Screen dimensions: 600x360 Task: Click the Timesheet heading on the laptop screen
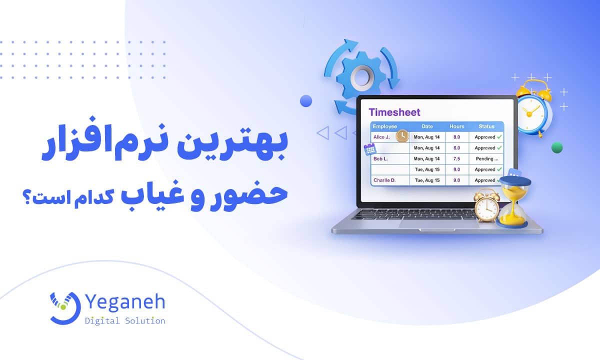coord(394,112)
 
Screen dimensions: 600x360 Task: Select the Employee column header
coord(384,126)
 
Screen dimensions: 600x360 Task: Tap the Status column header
coord(486,126)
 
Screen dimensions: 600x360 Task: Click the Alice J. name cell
coord(381,137)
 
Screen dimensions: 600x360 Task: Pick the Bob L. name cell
coord(380,158)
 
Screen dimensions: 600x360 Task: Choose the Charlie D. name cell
coord(384,180)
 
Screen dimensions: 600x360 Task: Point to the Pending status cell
coord(486,159)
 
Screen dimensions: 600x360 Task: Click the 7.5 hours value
coord(456,159)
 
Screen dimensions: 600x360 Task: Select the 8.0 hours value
coord(456,137)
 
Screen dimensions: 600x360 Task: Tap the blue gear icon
coord(361,75)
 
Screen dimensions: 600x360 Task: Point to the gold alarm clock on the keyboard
coord(486,205)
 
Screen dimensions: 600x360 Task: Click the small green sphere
coord(557,147)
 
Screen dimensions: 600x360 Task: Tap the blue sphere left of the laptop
coord(306,101)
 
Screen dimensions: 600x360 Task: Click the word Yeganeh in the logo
coord(125,302)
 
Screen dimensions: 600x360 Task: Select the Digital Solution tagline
coord(125,321)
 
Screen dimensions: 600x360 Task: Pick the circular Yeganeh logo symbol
coord(65,308)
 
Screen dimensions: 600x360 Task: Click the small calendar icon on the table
coord(370,149)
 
